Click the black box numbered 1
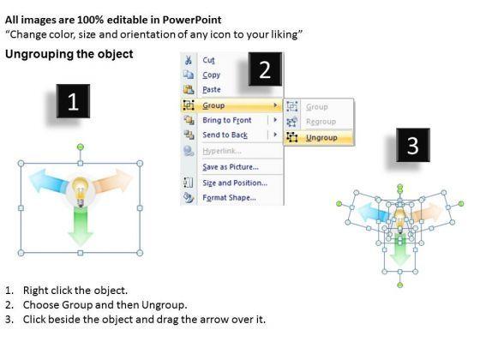(73, 101)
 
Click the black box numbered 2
(265, 69)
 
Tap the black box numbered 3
(413, 145)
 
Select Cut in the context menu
(208, 60)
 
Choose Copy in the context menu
(211, 75)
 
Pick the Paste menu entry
(212, 90)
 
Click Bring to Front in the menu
(227, 120)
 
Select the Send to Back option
(225, 135)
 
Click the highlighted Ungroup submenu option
(321, 138)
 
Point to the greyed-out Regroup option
(321, 122)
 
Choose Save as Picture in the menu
(231, 167)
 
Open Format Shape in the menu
(230, 197)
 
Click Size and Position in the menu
(235, 183)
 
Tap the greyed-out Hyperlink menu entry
(222, 151)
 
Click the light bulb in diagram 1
(81, 192)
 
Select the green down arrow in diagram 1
(81, 226)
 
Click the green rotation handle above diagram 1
(81, 147)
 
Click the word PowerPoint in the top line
(192, 20)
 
